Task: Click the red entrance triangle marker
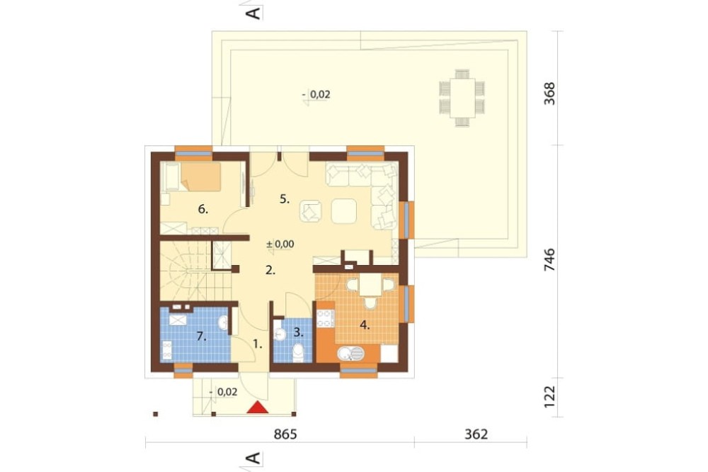(258, 408)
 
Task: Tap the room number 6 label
(203, 209)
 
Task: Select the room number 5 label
(285, 199)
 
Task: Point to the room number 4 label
(365, 325)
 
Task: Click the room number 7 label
(201, 336)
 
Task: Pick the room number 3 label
(298, 332)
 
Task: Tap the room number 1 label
(258, 344)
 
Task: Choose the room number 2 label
(270, 270)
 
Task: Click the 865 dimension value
(285, 434)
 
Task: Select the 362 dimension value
(476, 434)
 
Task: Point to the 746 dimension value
(549, 260)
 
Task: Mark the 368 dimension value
(549, 94)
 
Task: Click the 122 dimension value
(549, 396)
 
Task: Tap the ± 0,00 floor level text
(280, 244)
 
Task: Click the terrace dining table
(462, 98)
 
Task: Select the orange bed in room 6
(200, 176)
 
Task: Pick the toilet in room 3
(298, 353)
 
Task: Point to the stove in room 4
(325, 318)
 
